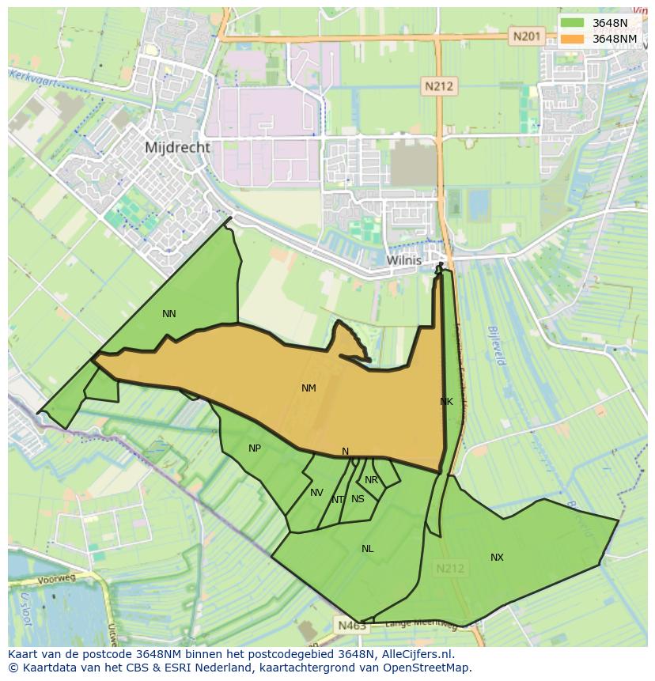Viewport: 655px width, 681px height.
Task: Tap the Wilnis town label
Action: click(404, 259)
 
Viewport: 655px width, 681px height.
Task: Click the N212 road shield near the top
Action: click(437, 86)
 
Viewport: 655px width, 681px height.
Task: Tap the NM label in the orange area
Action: click(309, 388)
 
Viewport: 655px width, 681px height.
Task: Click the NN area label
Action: click(168, 314)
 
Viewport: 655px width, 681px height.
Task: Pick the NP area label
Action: click(255, 448)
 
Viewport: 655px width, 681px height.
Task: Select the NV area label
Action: click(316, 493)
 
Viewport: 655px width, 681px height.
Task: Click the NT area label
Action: click(338, 500)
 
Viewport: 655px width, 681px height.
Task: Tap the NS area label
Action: click(358, 499)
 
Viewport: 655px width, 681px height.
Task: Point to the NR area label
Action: click(371, 480)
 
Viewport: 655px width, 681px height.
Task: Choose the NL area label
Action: click(367, 549)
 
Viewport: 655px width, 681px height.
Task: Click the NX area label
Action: click(497, 558)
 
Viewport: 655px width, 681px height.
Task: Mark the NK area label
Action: click(446, 402)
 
